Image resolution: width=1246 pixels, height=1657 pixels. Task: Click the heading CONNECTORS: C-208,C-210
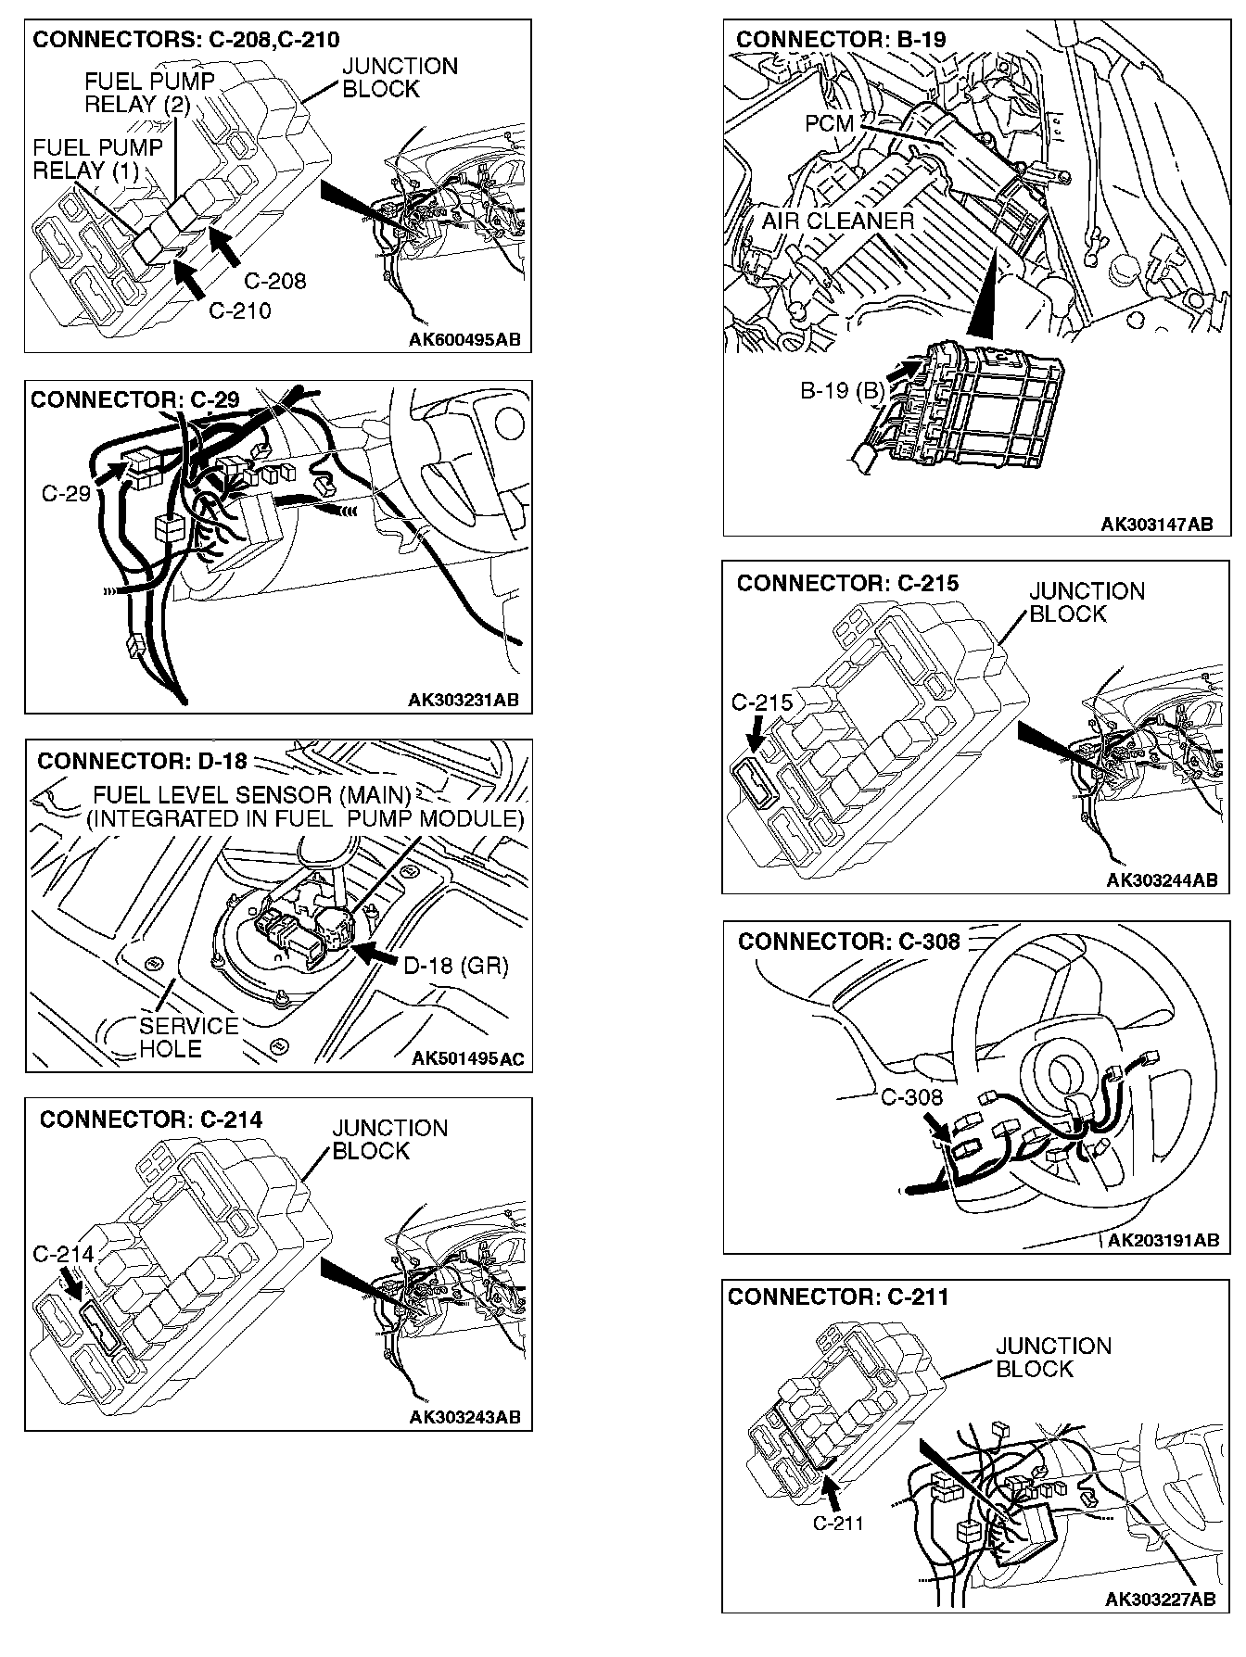click(x=185, y=40)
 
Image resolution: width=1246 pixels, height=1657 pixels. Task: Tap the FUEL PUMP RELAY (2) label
click(x=136, y=93)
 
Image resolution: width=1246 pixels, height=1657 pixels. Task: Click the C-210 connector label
click(x=240, y=311)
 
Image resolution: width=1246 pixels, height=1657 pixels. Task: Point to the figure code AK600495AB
click(x=464, y=339)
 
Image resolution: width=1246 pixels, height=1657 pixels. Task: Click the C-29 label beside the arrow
click(x=66, y=493)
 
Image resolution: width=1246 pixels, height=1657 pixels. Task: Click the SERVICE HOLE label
click(x=188, y=1037)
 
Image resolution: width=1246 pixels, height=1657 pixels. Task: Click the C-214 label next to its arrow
click(x=63, y=1255)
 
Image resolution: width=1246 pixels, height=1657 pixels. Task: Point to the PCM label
click(x=829, y=123)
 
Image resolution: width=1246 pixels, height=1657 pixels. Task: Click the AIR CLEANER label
click(x=837, y=221)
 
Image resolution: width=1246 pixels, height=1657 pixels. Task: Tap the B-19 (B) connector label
click(x=843, y=390)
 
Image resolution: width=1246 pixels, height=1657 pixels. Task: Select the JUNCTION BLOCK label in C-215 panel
click(x=1087, y=602)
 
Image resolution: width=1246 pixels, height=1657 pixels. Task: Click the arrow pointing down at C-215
click(x=756, y=737)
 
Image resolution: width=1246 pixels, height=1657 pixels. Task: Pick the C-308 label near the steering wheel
click(x=911, y=1097)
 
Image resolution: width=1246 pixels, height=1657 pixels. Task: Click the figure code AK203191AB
click(x=1163, y=1240)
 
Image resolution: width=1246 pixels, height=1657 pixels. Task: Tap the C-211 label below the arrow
click(x=838, y=1523)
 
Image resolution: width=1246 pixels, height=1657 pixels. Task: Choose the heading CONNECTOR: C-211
click(x=838, y=1297)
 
